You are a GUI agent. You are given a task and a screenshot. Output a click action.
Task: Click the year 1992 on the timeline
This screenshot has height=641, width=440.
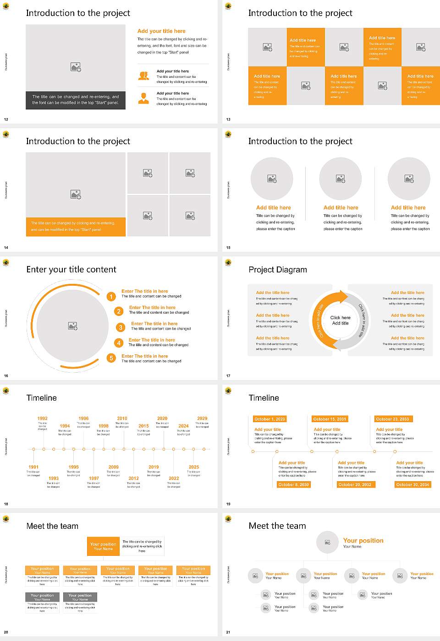pyautogui.click(x=42, y=418)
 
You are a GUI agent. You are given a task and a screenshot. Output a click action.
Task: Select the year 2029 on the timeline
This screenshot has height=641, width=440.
pyautogui.click(x=202, y=418)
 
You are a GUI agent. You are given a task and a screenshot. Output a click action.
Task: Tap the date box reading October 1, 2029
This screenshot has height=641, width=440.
pyautogui.click(x=269, y=419)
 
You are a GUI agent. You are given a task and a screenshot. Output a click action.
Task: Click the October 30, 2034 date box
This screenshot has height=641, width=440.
pyautogui.click(x=412, y=484)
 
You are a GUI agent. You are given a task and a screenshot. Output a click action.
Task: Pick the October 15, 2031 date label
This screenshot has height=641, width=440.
pyautogui.click(x=330, y=419)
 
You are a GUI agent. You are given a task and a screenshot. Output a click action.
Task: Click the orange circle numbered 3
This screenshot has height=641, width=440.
pyautogui.click(x=121, y=327)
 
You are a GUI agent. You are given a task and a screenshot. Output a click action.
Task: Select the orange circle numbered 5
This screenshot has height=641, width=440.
pyautogui.click(x=111, y=358)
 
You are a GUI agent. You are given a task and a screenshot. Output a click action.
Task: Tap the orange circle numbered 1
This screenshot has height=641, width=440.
pyautogui.click(x=111, y=297)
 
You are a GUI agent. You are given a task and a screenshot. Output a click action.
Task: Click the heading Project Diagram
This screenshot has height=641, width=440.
pyautogui.click(x=278, y=270)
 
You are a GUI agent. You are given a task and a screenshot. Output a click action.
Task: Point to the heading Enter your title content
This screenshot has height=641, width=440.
pyautogui.click(x=71, y=270)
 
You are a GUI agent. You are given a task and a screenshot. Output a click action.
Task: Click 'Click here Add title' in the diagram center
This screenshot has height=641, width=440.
pyautogui.click(x=340, y=320)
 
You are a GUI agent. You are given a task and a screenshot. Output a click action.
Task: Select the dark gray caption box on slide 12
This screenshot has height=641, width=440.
pyautogui.click(x=76, y=100)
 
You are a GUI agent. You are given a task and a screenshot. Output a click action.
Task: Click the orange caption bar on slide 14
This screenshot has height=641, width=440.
pyautogui.click(x=76, y=227)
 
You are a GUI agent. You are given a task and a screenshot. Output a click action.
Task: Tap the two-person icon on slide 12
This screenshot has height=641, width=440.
pyautogui.click(x=143, y=76)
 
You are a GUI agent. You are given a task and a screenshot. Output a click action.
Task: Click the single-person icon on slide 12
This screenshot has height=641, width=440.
pyautogui.click(x=143, y=98)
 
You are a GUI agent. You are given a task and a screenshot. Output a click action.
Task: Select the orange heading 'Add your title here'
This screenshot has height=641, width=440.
pyautogui.click(x=161, y=31)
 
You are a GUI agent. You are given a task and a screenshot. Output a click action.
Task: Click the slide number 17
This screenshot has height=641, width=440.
pyautogui.click(x=228, y=376)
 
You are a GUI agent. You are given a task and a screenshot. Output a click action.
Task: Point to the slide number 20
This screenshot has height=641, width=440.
pyautogui.click(x=6, y=632)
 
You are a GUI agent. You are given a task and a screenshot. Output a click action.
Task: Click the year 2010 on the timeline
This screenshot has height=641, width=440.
pyautogui.click(x=122, y=418)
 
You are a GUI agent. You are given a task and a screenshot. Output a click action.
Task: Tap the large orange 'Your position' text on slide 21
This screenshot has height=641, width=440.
pyautogui.click(x=363, y=541)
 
